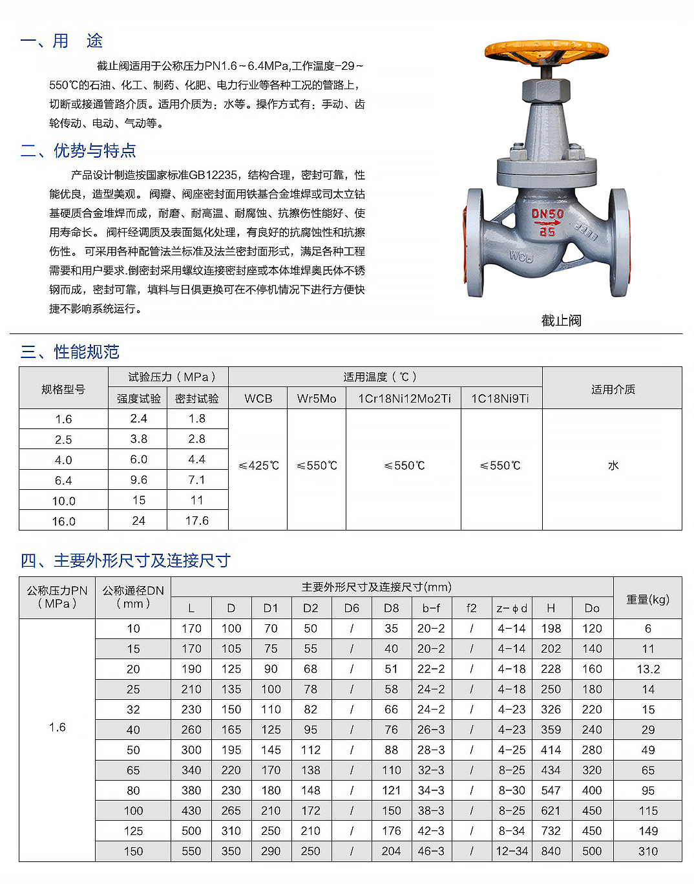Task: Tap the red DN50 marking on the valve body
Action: coord(547,214)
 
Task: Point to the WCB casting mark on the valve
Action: coord(521,257)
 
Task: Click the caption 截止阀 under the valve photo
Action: coord(561,321)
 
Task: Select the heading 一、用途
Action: coord(61,41)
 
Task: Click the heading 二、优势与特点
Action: coord(78,151)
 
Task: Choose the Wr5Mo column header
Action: coord(317,399)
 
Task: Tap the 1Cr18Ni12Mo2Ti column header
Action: coord(405,399)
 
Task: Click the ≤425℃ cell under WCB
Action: coord(258,466)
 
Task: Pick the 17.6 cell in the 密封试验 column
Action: coord(197,521)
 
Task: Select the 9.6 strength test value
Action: coord(138,480)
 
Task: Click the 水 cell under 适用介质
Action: coord(613,466)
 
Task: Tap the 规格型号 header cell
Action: coord(63,389)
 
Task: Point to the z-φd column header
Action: coord(512,608)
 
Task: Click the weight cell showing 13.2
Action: coord(648,669)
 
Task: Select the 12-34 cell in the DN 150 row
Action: coord(512,852)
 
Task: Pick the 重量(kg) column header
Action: coord(648,600)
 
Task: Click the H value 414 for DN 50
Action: coord(551,750)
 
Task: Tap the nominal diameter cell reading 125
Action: coord(133,831)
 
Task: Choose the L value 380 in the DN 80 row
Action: coord(191,791)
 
